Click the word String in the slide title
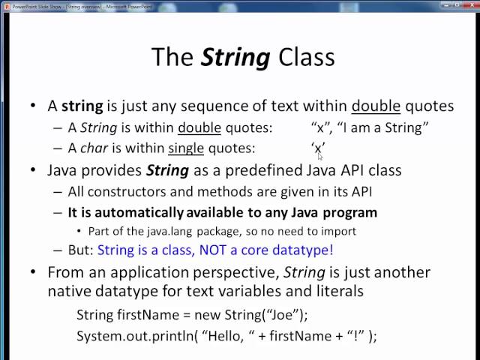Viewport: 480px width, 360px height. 235,57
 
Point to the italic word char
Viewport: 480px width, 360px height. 93,148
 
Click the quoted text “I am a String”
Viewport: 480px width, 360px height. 382,127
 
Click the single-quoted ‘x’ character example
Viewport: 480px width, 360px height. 318,148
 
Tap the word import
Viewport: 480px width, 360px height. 338,231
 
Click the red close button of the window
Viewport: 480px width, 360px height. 470,5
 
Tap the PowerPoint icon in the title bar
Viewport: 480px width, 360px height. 6,5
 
